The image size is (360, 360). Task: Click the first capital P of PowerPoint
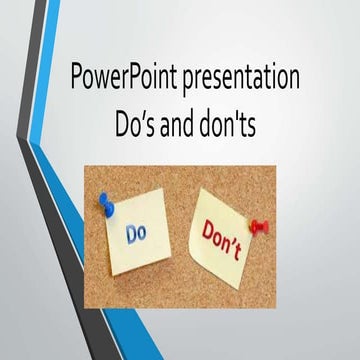click(x=78, y=79)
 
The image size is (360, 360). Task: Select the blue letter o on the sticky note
click(x=152, y=236)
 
